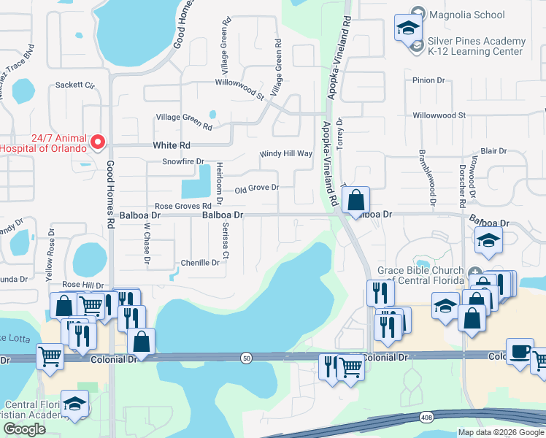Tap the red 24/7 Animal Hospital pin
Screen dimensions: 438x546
pyautogui.click(x=100, y=141)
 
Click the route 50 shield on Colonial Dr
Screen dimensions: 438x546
pyautogui.click(x=247, y=356)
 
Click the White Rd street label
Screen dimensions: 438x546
pyautogui.click(x=171, y=145)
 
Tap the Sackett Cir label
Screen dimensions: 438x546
pyautogui.click(x=76, y=85)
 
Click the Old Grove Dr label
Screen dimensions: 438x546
pyautogui.click(x=257, y=188)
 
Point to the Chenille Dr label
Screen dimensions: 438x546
pyautogui.click(x=200, y=263)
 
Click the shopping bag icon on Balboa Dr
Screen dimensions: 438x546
pyautogui.click(x=355, y=200)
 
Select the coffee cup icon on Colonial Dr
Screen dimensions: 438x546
pyautogui.click(x=520, y=350)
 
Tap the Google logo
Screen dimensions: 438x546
pyautogui.click(x=24, y=430)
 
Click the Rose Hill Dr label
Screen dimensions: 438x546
pyautogui.click(x=82, y=285)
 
